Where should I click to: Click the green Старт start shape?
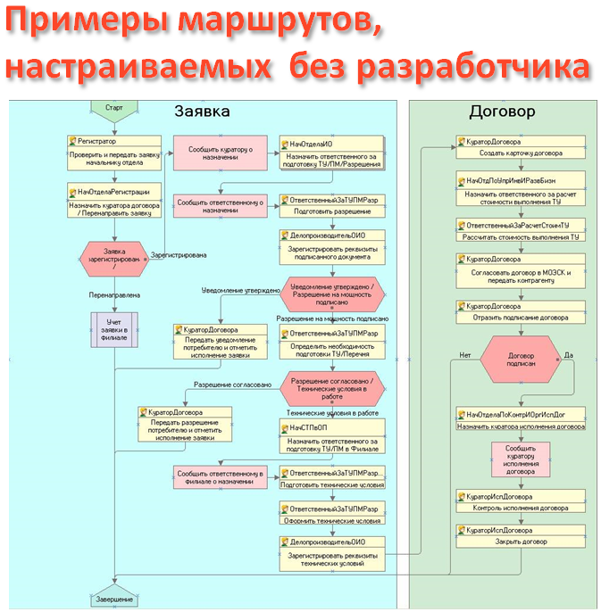pyautogui.click(x=113, y=108)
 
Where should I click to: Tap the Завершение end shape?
pyautogui.click(x=113, y=600)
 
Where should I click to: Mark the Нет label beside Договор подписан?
pyautogui.click(x=464, y=354)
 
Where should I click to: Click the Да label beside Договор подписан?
pyautogui.click(x=569, y=354)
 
